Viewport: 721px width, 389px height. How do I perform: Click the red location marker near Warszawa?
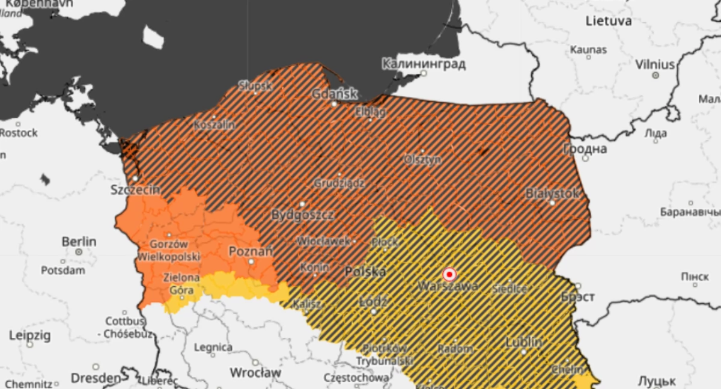point(449,275)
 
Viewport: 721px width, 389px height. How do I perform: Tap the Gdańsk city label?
point(335,94)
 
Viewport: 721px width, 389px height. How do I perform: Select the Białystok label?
point(552,193)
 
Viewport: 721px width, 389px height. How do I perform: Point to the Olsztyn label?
point(422,160)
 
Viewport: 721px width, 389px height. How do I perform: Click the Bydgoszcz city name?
point(302,214)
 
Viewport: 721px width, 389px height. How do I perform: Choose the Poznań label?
point(251,251)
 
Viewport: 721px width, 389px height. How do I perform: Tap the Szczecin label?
point(135,189)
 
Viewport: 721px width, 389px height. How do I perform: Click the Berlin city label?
point(79,241)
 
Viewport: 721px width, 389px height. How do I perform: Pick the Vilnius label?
point(655,64)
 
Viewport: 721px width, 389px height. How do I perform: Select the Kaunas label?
point(588,49)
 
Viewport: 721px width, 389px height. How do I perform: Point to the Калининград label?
point(424,64)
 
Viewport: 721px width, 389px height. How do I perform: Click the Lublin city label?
point(523,342)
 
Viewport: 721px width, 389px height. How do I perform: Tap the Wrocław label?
point(255,372)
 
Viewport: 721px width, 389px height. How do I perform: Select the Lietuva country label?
point(609,21)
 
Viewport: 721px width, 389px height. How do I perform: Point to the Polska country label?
point(365,272)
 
